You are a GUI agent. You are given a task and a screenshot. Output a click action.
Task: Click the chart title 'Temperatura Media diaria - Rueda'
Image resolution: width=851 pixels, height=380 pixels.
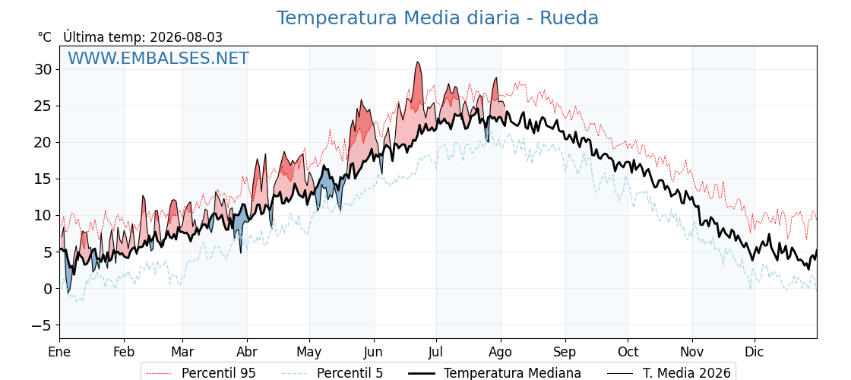coord(438,18)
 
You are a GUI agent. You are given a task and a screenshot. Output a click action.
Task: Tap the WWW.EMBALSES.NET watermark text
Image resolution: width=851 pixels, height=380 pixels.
coord(158,58)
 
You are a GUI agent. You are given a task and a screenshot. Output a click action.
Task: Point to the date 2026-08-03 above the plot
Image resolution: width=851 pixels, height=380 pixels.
coord(185,37)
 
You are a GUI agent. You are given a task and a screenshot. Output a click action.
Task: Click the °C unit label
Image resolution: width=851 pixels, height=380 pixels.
coord(45,37)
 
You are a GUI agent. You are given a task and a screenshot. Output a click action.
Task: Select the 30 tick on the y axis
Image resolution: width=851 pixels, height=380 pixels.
coord(43,69)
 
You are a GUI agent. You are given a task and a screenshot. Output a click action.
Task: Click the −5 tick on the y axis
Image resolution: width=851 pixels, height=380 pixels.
coord(40,325)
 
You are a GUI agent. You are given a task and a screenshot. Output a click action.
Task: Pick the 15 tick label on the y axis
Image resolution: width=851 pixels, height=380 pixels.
coord(43,179)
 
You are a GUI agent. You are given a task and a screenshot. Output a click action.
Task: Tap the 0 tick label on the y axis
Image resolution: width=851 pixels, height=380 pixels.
coord(48,289)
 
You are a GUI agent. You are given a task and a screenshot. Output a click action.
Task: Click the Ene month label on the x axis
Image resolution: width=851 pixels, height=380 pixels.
coord(59,353)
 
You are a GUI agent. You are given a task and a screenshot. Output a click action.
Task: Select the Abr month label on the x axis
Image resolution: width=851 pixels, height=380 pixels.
coord(247,353)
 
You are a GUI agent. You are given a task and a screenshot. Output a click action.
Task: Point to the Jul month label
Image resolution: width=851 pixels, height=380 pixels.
coord(436,353)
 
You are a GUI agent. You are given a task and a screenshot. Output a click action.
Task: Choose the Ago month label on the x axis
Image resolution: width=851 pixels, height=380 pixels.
coord(501,353)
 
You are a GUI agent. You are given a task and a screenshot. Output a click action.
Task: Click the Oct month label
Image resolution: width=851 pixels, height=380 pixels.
coord(628,353)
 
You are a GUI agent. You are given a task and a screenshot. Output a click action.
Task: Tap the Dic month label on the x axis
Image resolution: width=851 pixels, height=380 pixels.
coord(755,353)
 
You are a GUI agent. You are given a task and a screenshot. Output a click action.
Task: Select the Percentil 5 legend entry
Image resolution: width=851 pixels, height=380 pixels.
coord(333,373)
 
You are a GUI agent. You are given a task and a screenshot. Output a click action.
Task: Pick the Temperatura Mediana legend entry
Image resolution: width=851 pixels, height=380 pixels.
coord(494,373)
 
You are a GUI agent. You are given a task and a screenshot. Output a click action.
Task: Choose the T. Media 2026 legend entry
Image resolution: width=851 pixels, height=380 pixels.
coord(669,373)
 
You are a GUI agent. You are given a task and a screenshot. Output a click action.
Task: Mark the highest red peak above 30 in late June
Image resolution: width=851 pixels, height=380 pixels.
coord(417,62)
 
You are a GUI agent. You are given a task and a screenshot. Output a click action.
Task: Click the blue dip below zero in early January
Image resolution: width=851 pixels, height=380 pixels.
coord(68,293)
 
